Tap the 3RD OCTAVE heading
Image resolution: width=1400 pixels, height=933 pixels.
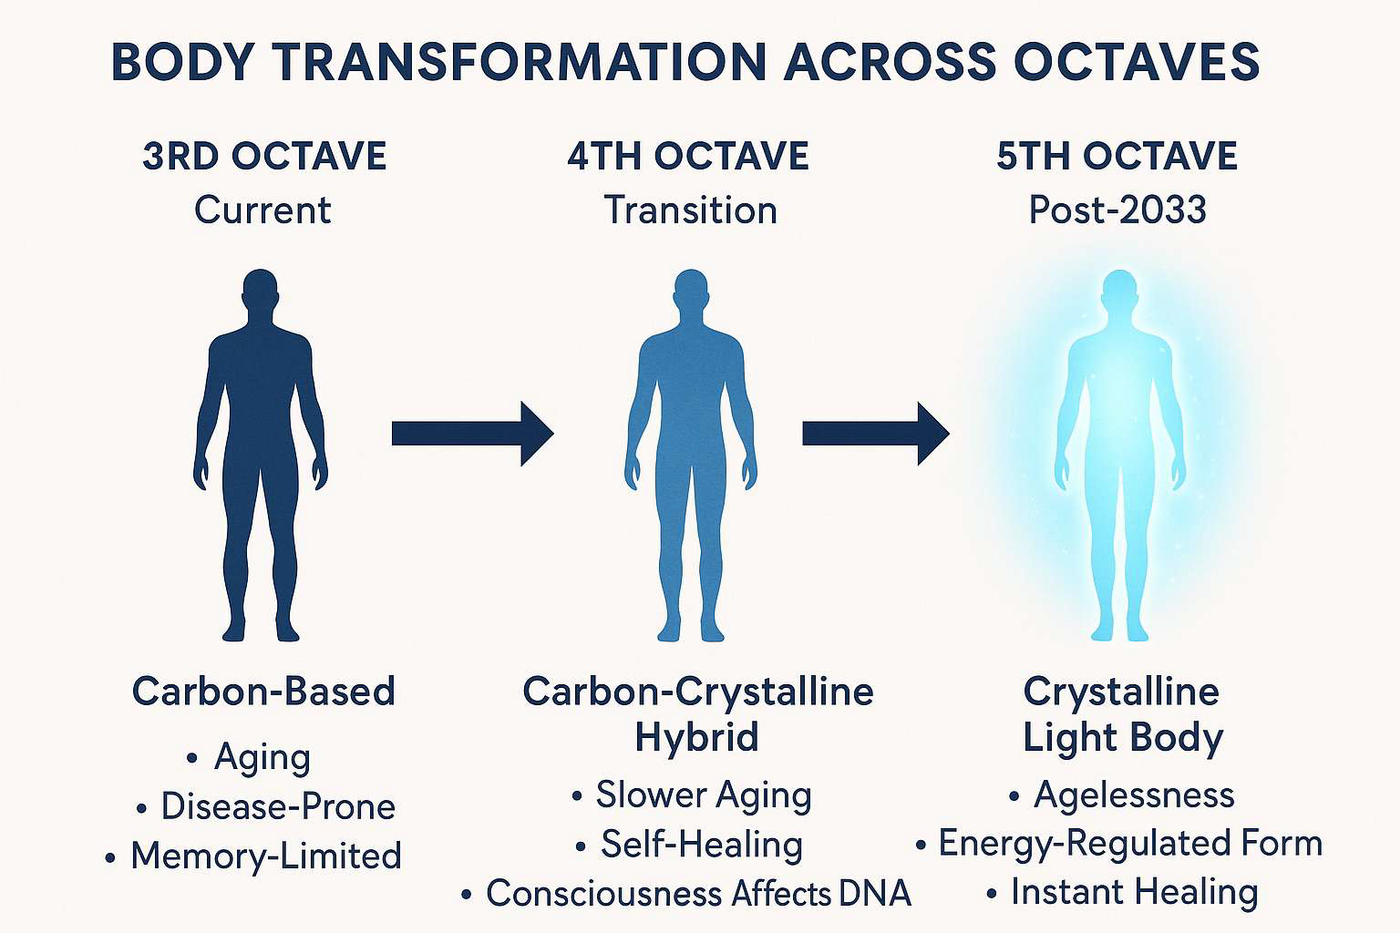[264, 156]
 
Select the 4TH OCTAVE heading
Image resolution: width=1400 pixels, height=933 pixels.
[688, 156]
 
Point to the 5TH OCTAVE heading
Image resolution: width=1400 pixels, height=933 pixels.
[1117, 156]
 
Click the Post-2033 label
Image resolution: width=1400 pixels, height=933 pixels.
[1117, 210]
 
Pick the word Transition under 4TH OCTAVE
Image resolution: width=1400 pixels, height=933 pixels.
[691, 210]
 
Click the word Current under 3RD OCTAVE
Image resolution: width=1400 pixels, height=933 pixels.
[262, 210]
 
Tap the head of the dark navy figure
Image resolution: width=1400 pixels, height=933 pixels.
[260, 290]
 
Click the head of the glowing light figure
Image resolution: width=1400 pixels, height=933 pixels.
[1120, 290]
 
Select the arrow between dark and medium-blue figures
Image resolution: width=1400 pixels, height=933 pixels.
[472, 434]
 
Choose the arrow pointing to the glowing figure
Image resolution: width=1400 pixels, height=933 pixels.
[876, 434]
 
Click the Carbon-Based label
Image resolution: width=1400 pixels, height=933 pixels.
[263, 692]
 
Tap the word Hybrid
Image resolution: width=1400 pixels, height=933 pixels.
[697, 737]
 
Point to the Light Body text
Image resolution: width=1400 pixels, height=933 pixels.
[1123, 737]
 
